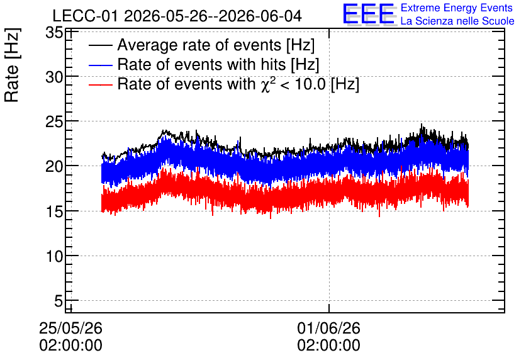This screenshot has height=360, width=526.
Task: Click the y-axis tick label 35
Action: [54, 33]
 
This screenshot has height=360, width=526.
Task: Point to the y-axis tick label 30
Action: [54, 77]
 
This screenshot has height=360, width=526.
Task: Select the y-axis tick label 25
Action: [54, 122]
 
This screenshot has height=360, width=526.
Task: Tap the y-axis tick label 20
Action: [54, 166]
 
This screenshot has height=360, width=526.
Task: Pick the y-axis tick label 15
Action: [54, 211]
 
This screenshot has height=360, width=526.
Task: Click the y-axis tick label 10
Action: [54, 256]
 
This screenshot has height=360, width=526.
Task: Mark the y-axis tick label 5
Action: [59, 301]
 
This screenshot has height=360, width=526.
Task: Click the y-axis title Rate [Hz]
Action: [12, 65]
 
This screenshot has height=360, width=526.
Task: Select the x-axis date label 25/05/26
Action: [70, 328]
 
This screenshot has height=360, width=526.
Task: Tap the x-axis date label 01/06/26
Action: [328, 328]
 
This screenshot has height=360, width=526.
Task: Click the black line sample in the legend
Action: [100, 45]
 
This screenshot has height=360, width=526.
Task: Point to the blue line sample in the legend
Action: [100, 65]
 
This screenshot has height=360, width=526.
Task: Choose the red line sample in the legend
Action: [100, 84]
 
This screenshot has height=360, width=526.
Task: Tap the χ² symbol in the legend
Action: [266, 84]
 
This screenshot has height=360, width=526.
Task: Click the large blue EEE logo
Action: [369, 14]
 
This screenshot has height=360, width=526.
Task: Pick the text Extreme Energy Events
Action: [457, 8]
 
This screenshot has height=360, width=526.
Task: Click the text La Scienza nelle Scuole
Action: [457, 21]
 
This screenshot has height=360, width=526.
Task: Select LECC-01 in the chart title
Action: [85, 16]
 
